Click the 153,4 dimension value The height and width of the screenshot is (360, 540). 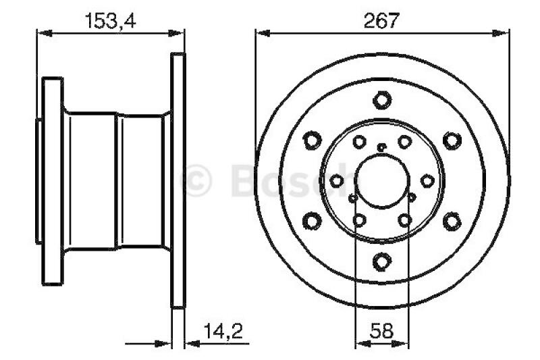[x=110, y=21]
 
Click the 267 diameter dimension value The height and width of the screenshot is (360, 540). [x=381, y=20]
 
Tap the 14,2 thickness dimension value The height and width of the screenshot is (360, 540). [x=223, y=331]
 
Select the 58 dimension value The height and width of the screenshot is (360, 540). [x=381, y=331]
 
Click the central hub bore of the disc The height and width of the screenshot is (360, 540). [x=382, y=182]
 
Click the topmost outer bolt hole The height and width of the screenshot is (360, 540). [x=382, y=100]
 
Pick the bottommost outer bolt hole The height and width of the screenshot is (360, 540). [x=382, y=261]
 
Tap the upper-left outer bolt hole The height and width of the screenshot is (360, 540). [x=313, y=140]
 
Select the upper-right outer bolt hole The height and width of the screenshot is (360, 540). [x=452, y=140]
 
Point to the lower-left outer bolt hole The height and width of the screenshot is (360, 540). [x=313, y=221]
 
